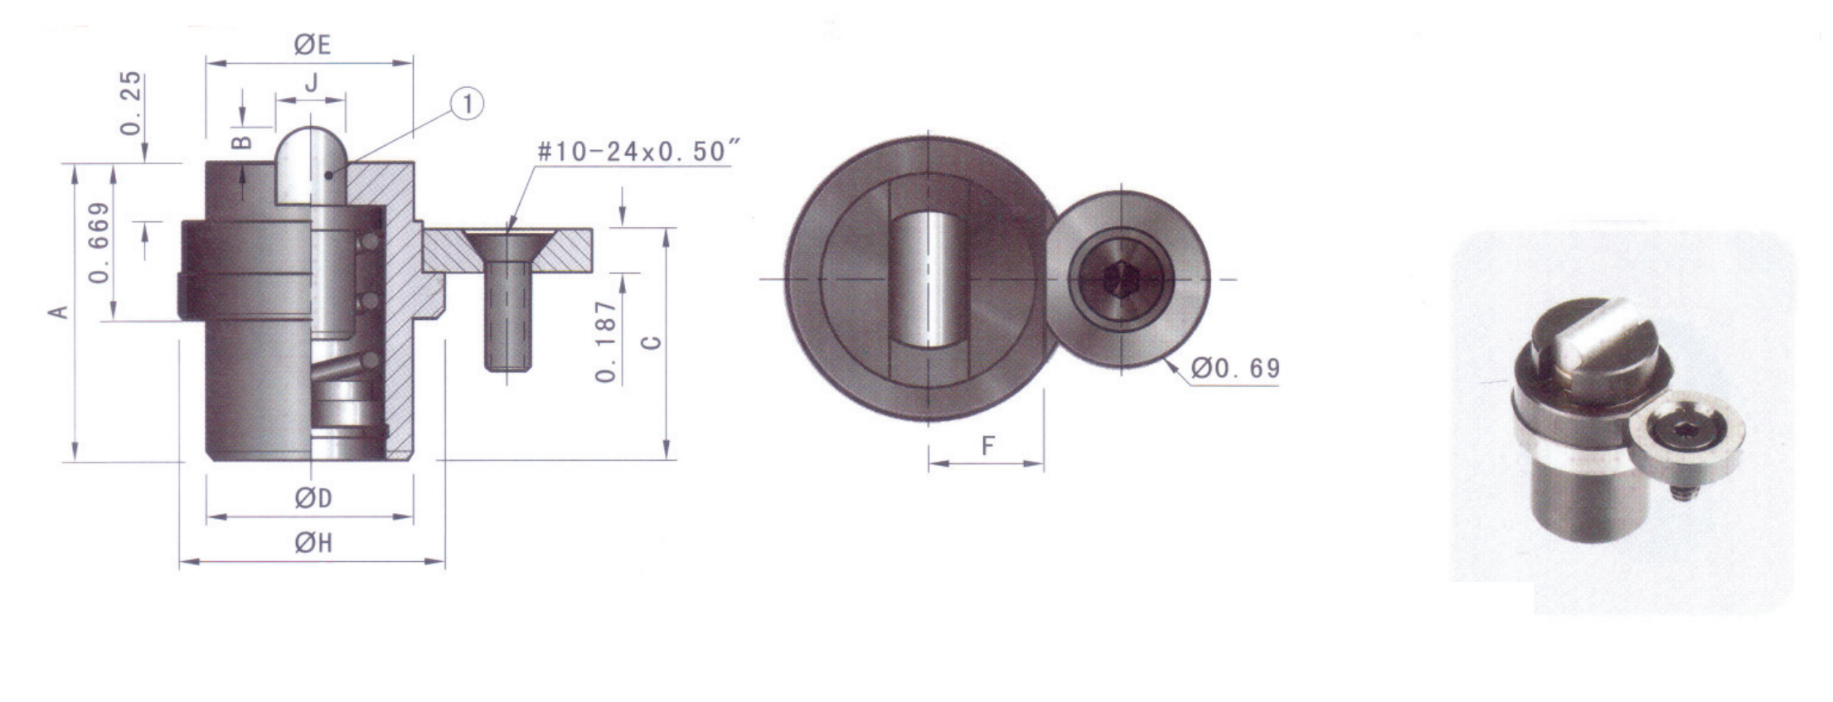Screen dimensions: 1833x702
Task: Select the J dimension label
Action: click(x=312, y=83)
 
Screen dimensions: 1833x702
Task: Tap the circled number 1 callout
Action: click(x=468, y=104)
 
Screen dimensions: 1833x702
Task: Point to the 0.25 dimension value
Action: click(x=131, y=103)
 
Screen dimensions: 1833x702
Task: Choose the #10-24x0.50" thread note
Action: click(x=637, y=152)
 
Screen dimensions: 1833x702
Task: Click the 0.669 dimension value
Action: click(x=99, y=242)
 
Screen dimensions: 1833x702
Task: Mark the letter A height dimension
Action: click(x=58, y=312)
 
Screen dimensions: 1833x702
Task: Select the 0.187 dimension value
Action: click(x=607, y=341)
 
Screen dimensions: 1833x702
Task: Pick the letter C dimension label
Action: click(x=652, y=341)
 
